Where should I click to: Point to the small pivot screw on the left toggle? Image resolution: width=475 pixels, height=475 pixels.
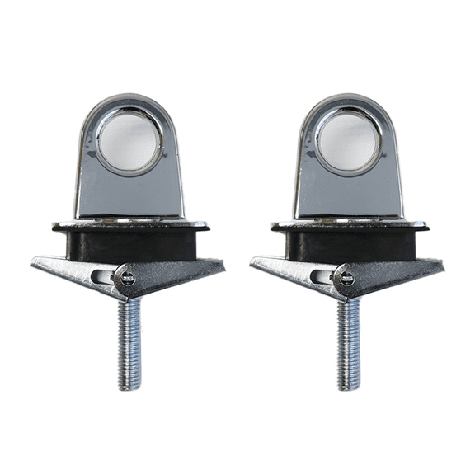coord(128,278)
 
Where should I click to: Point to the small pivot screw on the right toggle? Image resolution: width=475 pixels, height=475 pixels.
coord(346,278)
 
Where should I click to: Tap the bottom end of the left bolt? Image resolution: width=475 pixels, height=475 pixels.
coord(130,385)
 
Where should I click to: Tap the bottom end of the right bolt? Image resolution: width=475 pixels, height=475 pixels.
coord(350,385)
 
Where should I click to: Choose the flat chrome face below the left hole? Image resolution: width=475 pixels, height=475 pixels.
coord(129,195)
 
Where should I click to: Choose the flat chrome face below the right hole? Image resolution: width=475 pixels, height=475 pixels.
coord(349,195)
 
